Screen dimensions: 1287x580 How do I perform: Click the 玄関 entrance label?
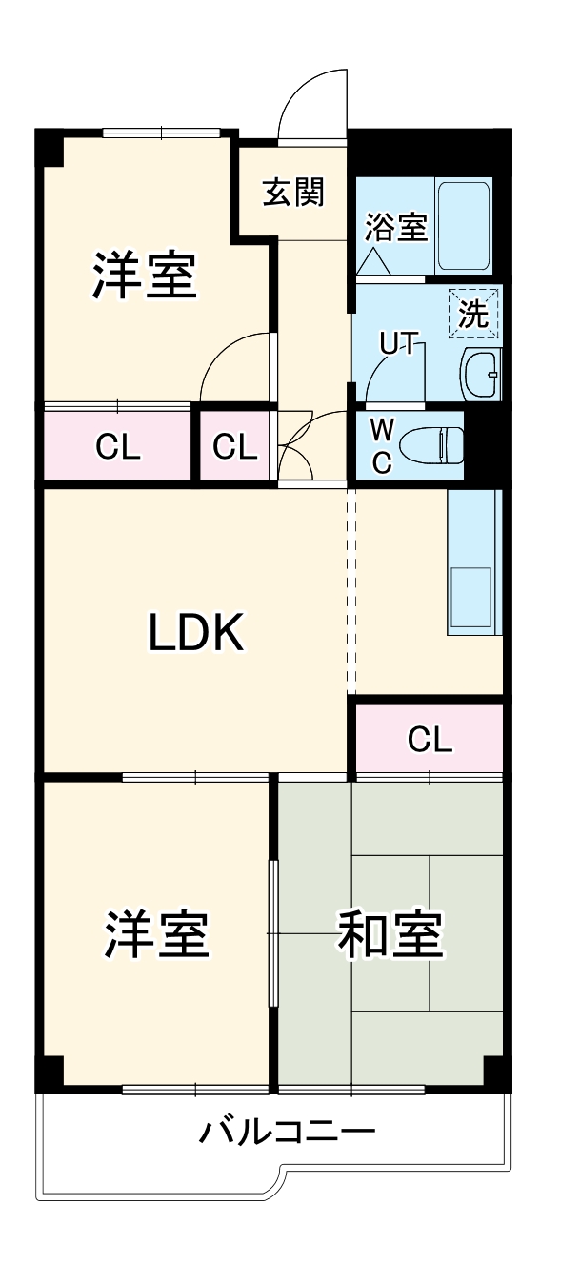point(293,192)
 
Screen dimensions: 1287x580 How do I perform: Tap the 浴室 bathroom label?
point(396,228)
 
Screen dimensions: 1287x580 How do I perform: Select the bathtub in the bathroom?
point(464,225)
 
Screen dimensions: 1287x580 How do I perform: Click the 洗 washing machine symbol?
point(473,313)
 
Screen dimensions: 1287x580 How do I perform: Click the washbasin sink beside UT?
point(479,375)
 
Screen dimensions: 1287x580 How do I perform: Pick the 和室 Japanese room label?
point(390,934)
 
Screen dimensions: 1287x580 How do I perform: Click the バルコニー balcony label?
point(287,1134)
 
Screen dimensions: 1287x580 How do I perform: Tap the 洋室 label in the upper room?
point(145,275)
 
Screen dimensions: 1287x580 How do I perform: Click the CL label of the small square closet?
point(234,447)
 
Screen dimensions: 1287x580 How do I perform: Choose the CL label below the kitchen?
point(430,739)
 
